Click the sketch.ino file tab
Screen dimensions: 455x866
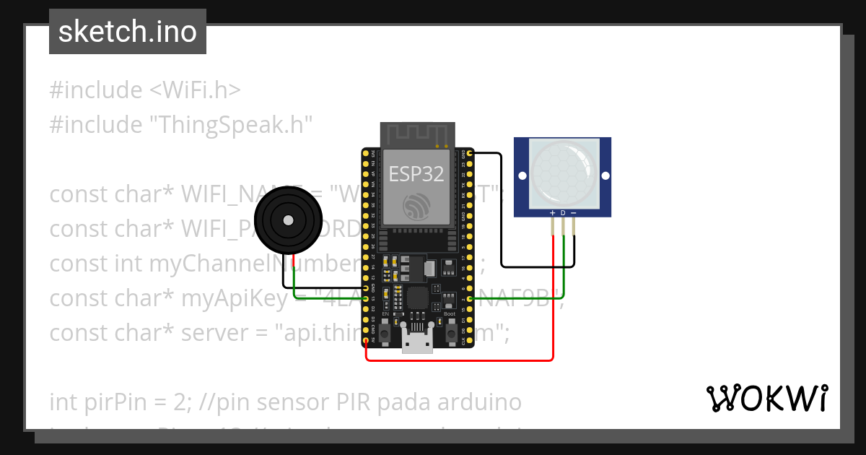coord(128,32)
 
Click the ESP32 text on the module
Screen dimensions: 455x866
coord(416,173)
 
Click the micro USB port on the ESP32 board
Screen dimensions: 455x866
coord(418,343)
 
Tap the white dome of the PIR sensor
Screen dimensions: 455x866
coord(563,171)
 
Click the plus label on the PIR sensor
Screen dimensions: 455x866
coord(553,213)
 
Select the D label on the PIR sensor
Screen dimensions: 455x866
coord(563,213)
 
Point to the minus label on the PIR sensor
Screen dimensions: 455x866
coord(574,213)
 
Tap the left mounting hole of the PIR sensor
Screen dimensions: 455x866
coord(521,175)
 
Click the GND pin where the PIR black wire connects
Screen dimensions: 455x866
coord(471,154)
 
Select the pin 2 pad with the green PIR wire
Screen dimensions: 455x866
coord(471,298)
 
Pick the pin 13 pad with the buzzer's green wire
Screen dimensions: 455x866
coord(367,298)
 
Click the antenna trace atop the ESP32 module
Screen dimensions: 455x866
coord(418,134)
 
